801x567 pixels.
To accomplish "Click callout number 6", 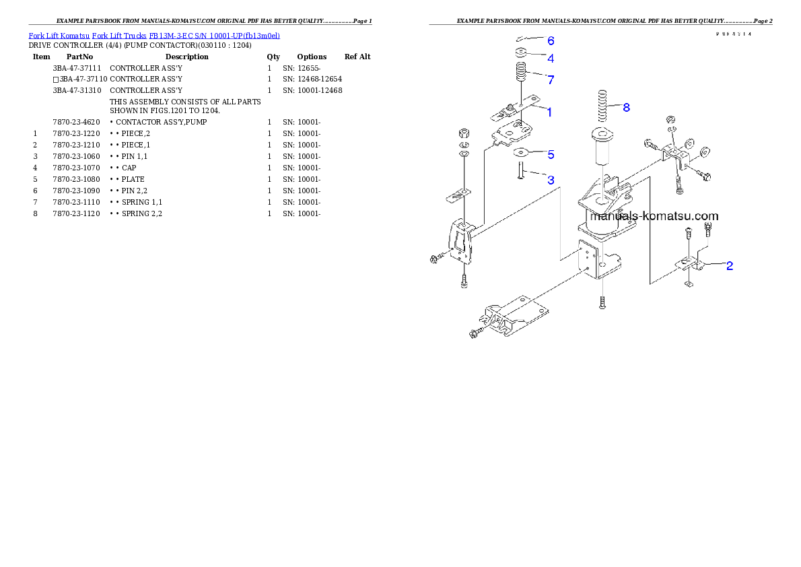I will (551, 40).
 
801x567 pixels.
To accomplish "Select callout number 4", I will (551, 59).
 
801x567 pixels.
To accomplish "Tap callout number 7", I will (551, 80).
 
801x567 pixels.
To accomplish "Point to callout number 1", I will (549, 112).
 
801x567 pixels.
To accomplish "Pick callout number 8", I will (626, 107).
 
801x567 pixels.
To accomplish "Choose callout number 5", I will (551, 155).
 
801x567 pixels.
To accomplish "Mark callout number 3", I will (551, 180).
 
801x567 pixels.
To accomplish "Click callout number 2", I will (729, 266).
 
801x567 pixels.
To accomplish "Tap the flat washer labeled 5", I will (522, 152).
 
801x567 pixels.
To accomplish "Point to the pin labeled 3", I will (520, 172).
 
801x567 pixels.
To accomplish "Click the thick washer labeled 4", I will (520, 53).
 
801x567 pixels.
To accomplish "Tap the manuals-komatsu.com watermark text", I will (654, 216).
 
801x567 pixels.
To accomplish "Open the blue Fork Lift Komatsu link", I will (154, 35).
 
